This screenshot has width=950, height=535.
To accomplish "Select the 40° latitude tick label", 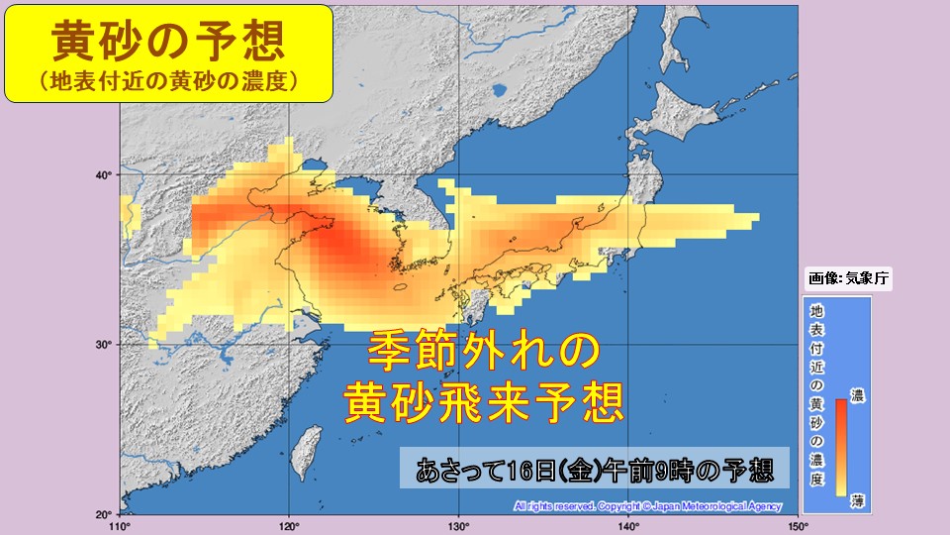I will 101,175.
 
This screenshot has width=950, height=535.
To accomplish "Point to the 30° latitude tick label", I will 101,345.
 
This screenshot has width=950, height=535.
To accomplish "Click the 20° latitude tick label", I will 101,514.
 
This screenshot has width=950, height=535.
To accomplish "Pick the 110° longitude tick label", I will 121,524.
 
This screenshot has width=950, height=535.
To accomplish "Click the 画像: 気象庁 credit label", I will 849,278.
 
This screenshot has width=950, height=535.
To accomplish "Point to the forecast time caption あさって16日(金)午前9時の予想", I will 595,468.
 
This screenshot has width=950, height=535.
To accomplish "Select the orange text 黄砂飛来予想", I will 484,401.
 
